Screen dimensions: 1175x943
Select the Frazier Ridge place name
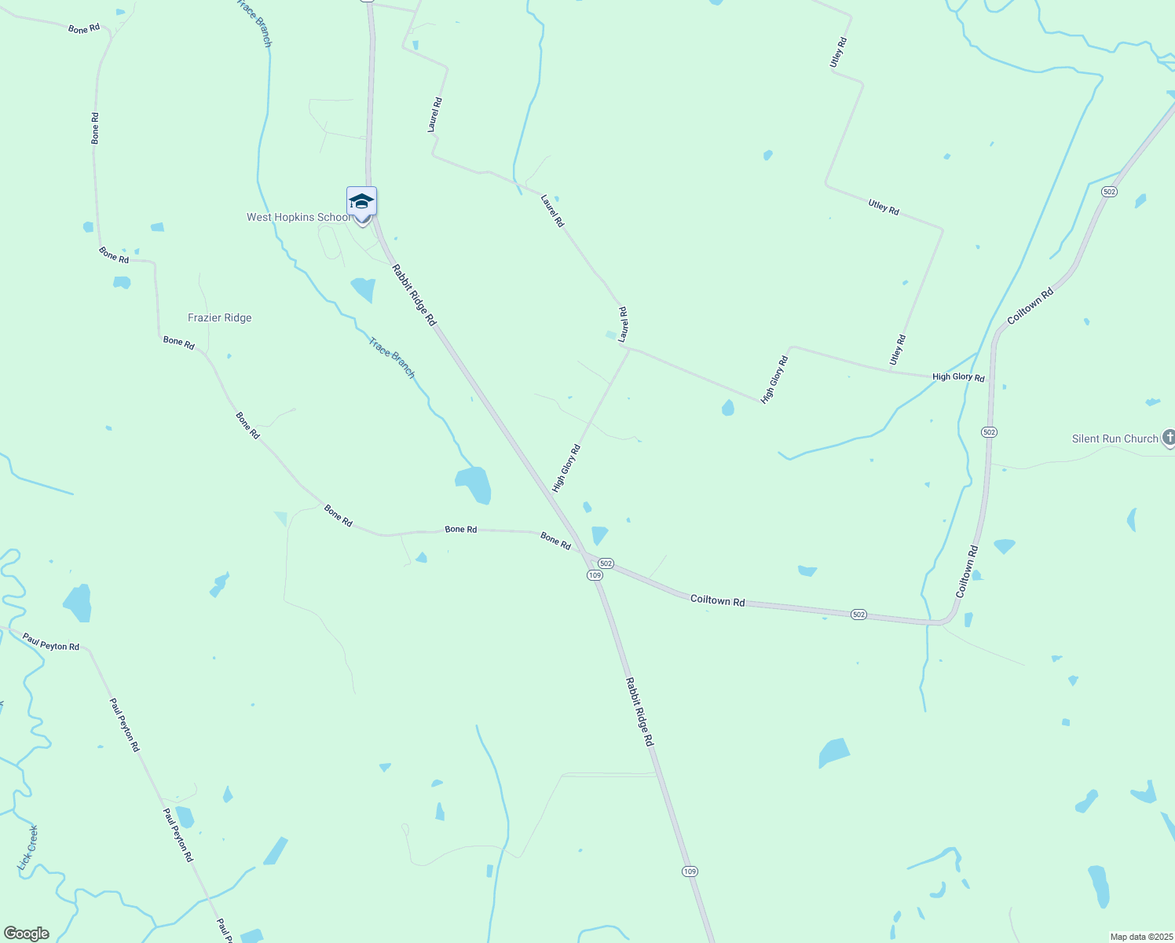(220, 318)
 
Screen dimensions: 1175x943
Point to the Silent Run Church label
(1115, 439)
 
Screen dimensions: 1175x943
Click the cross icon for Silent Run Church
(1169, 437)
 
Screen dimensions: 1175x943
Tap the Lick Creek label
(27, 848)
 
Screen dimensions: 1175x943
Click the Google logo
(27, 934)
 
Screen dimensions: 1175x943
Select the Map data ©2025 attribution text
(1140, 937)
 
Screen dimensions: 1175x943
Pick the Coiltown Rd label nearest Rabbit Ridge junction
(717, 600)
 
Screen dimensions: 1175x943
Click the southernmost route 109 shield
(690, 871)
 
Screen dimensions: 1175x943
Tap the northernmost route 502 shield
(1109, 192)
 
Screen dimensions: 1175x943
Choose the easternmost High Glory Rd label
(958, 377)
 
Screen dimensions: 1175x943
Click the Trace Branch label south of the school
(392, 358)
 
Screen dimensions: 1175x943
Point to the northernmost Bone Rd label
(84, 29)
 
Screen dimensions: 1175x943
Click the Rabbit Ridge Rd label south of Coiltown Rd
(639, 712)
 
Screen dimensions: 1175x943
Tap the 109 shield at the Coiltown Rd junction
(595, 575)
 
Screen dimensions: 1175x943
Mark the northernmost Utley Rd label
(839, 52)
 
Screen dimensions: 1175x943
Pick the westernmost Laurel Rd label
(434, 115)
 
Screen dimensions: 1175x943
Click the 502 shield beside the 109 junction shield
(606, 563)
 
